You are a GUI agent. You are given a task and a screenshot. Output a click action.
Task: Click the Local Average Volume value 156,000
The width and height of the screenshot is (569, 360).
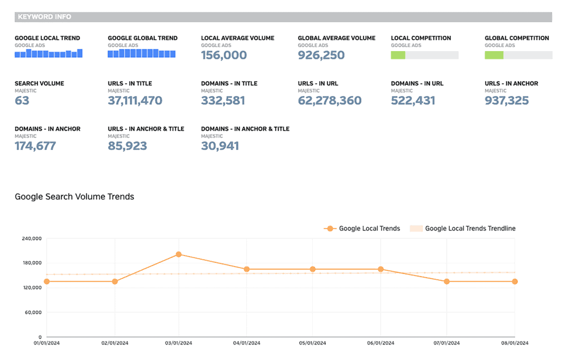pos(224,55)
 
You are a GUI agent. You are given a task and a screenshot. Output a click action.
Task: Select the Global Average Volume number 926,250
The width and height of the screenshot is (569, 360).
pos(321,55)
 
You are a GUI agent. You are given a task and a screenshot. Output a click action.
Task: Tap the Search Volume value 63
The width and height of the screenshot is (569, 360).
pos(22,101)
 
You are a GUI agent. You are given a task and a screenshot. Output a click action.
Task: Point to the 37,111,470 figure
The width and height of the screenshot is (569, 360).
pos(135,101)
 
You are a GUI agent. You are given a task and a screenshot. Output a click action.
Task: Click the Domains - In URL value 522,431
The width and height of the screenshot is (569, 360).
pos(413,101)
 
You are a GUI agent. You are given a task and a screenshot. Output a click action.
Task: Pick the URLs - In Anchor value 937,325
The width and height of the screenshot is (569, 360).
pos(507,101)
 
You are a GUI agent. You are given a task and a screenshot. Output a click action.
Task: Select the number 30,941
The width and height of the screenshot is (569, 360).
pos(220,146)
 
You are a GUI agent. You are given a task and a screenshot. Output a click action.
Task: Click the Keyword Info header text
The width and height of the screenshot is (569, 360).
pos(44,17)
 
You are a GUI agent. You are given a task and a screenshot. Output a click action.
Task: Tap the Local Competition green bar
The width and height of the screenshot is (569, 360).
pos(398,55)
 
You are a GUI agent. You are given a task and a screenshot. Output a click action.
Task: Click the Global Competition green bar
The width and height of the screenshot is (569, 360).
pos(494,55)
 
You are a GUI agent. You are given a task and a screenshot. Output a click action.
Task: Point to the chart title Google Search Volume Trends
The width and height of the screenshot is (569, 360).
pos(74,197)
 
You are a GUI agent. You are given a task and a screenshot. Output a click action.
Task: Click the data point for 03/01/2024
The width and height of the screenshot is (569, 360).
pos(178,254)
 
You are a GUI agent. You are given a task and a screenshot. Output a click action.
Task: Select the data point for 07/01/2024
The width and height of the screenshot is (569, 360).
pos(447,282)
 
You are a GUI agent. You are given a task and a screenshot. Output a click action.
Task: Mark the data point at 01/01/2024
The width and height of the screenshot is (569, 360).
pos(47,282)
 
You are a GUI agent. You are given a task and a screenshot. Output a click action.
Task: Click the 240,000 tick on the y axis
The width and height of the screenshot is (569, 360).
pos(32,239)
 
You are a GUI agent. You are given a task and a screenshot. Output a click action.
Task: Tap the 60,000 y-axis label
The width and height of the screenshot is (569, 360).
pos(33,312)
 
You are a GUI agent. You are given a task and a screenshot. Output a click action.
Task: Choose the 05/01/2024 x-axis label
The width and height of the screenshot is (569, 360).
pos(313,343)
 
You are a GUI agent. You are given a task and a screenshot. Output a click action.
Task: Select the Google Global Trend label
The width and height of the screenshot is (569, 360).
pos(143,38)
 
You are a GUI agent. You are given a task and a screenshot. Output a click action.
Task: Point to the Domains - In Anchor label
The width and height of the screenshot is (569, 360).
pos(47,129)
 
